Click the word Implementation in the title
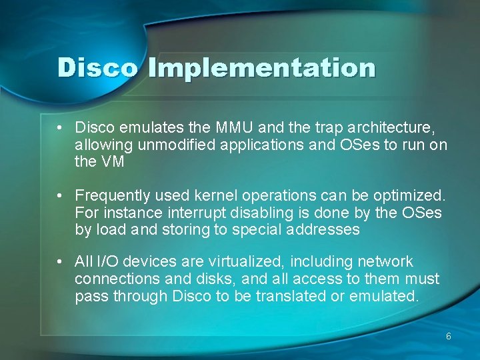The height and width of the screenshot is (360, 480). [262, 69]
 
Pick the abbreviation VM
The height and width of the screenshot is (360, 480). [112, 161]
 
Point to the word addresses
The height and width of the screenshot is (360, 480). [325, 231]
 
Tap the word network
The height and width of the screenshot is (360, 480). [385, 261]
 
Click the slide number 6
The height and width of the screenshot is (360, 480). [449, 337]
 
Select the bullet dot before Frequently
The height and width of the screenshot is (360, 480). [60, 196]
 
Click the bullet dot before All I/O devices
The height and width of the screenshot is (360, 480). [60, 261]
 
